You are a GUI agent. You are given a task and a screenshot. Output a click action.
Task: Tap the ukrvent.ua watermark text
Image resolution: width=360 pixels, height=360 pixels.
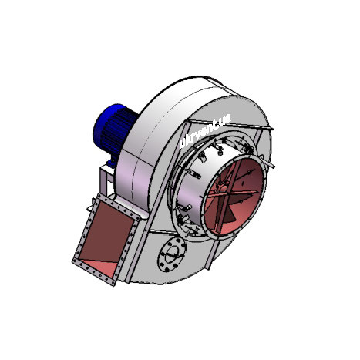click(204, 130)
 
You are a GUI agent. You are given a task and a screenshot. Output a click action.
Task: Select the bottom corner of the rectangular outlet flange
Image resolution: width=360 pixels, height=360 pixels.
click(114, 281)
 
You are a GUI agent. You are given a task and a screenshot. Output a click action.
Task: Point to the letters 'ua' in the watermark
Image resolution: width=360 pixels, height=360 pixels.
click(224, 116)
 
